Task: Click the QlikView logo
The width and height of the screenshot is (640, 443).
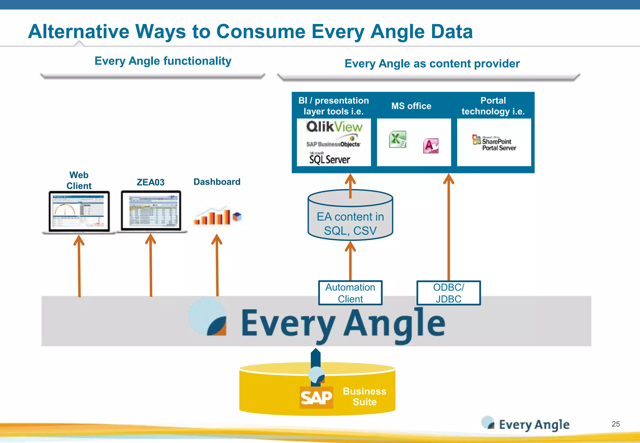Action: tap(334, 127)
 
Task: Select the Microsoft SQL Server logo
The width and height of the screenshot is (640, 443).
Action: tap(329, 159)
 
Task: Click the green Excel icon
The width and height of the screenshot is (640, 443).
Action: tap(397, 139)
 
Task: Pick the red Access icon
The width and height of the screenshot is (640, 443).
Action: tap(431, 146)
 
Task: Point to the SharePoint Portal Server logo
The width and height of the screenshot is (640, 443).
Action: tap(494, 143)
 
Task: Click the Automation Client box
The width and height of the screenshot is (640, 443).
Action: tap(350, 293)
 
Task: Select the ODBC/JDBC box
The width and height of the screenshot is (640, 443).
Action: tap(448, 293)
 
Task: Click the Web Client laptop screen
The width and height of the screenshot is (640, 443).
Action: tap(79, 211)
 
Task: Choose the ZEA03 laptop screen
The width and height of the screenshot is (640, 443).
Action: tap(151, 211)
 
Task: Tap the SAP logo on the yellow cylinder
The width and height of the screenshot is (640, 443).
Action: tap(316, 398)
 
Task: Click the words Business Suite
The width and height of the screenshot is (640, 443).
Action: tap(365, 396)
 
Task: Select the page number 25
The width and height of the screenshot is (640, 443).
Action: tap(615, 424)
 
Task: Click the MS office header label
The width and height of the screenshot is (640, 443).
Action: tap(411, 106)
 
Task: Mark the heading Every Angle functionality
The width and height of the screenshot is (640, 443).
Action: tap(163, 61)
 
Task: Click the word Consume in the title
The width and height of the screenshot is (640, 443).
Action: tap(261, 32)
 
